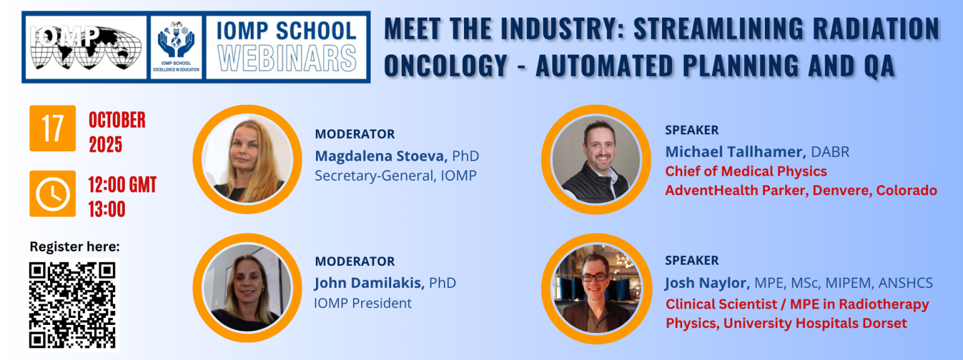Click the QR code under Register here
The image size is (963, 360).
[x=72, y=305]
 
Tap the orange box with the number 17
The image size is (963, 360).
[x=53, y=128]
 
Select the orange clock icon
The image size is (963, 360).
[x=53, y=194]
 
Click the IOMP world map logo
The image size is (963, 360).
[x=86, y=47]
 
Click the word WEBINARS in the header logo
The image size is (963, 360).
[x=287, y=58]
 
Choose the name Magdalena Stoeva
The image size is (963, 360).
[x=381, y=156]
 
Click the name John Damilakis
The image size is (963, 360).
[x=369, y=283]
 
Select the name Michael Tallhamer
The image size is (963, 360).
[x=735, y=151]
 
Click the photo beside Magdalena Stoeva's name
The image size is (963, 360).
[x=247, y=159]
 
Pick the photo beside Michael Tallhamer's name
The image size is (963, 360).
[x=596, y=159]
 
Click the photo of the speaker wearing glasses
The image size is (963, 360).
[x=597, y=288]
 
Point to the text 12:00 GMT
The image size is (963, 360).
[x=122, y=185]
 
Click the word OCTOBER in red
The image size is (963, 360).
[x=117, y=120]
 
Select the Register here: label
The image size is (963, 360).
[x=75, y=247]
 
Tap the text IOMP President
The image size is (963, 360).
[x=363, y=303]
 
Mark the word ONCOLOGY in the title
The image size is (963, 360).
[x=446, y=66]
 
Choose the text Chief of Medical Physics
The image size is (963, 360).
[x=746, y=171]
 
